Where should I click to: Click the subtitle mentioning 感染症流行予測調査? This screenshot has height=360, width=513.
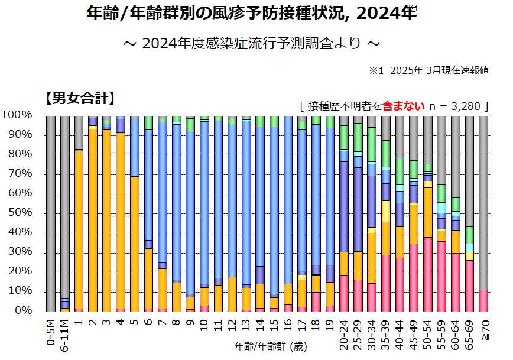click(x=251, y=44)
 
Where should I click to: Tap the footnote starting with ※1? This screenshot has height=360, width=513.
click(x=428, y=70)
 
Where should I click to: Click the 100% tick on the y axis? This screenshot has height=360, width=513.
click(x=21, y=115)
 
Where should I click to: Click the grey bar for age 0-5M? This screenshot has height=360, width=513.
click(x=50, y=213)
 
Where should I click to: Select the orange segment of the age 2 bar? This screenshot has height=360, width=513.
click(x=93, y=219)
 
